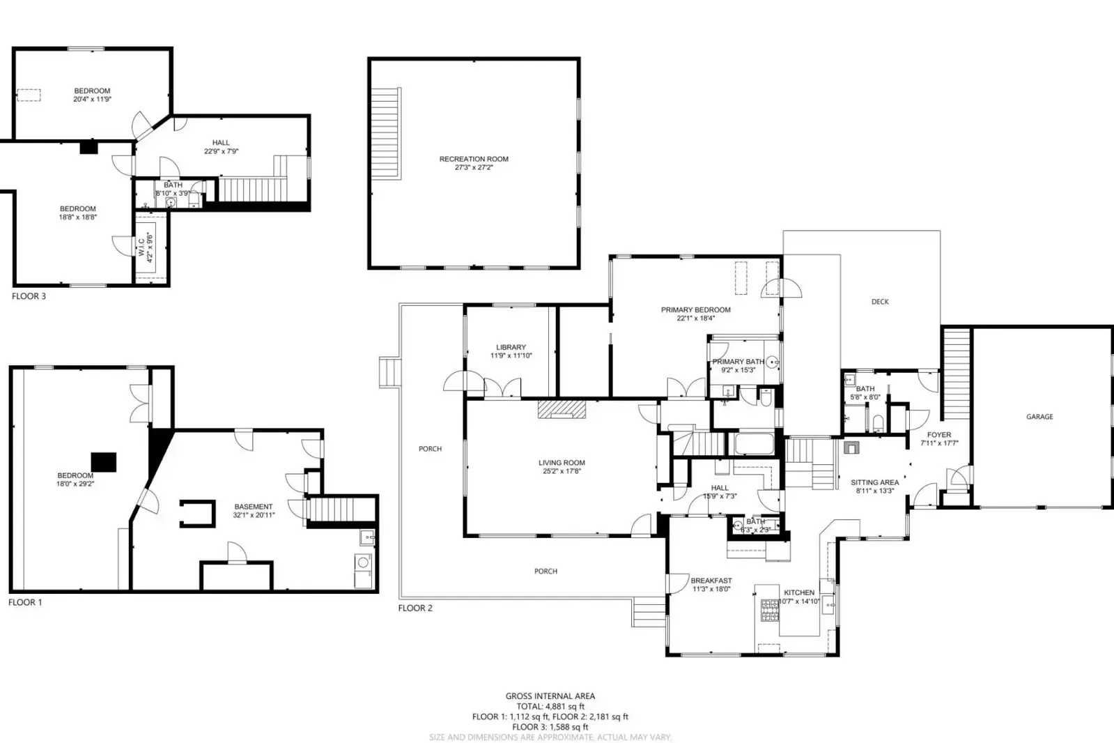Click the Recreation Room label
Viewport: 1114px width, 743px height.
click(474, 159)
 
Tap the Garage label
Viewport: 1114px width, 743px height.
click(1039, 417)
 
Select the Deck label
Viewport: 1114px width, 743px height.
click(880, 302)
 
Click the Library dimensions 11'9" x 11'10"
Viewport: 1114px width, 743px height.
click(511, 355)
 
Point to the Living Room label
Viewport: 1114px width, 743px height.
click(562, 463)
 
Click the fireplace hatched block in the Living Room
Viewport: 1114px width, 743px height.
click(562, 409)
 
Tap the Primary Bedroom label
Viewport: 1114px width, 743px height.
click(695, 310)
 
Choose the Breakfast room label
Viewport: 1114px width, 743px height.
click(711, 581)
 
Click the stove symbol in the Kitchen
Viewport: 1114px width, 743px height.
click(770, 611)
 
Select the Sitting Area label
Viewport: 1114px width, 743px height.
click(874, 482)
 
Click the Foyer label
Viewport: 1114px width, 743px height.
click(939, 435)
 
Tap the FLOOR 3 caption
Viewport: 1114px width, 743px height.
click(29, 296)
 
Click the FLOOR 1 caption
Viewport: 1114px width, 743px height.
click(25, 602)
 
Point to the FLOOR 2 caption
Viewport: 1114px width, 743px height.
click(415, 608)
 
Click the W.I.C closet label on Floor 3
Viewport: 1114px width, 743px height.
click(141, 247)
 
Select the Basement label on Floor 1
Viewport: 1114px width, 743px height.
click(254, 507)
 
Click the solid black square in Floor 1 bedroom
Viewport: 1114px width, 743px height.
click(104, 461)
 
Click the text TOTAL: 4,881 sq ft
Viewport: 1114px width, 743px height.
click(550, 706)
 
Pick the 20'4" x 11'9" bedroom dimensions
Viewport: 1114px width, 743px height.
click(92, 100)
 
